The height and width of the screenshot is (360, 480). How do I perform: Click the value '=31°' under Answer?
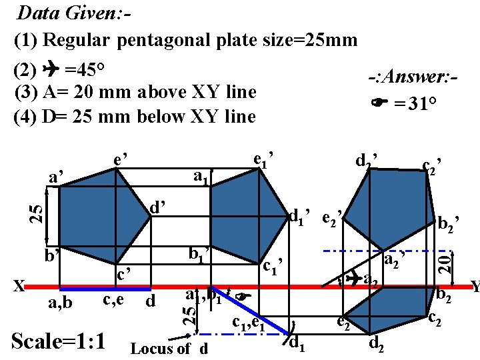(x=413, y=104)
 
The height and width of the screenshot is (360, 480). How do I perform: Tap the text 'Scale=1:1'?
(x=59, y=341)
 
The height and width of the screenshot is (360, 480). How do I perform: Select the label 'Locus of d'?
(x=169, y=348)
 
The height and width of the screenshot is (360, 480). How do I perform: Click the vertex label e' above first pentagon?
(x=121, y=160)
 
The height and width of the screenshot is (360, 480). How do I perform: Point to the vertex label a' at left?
(x=57, y=177)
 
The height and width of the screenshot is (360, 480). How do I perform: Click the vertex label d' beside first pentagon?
(x=158, y=209)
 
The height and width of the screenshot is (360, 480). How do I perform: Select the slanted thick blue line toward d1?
(x=251, y=311)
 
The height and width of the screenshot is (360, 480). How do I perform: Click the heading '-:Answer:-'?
(x=412, y=79)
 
